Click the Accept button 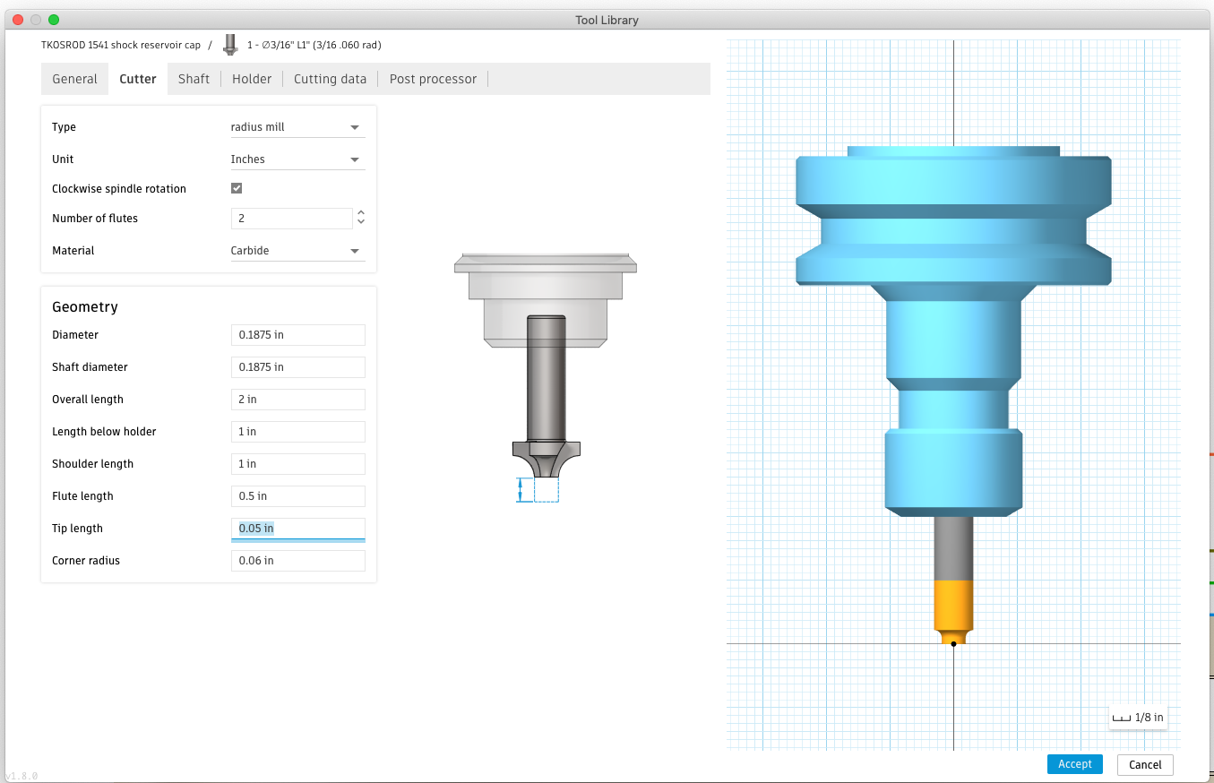coord(1074,764)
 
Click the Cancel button coord(1145,764)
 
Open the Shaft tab coord(194,79)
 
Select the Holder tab coord(252,79)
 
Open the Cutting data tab coord(330,79)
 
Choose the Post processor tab coord(433,79)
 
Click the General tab coord(74,79)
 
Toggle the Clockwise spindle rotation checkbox coord(237,188)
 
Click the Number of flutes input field coord(291,219)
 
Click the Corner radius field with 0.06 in coord(297,561)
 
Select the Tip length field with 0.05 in coord(297,529)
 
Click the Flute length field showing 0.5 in coord(297,496)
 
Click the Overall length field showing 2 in coord(297,400)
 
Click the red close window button coord(18,20)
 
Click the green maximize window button coord(54,20)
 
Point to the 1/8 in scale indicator coord(1138,718)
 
